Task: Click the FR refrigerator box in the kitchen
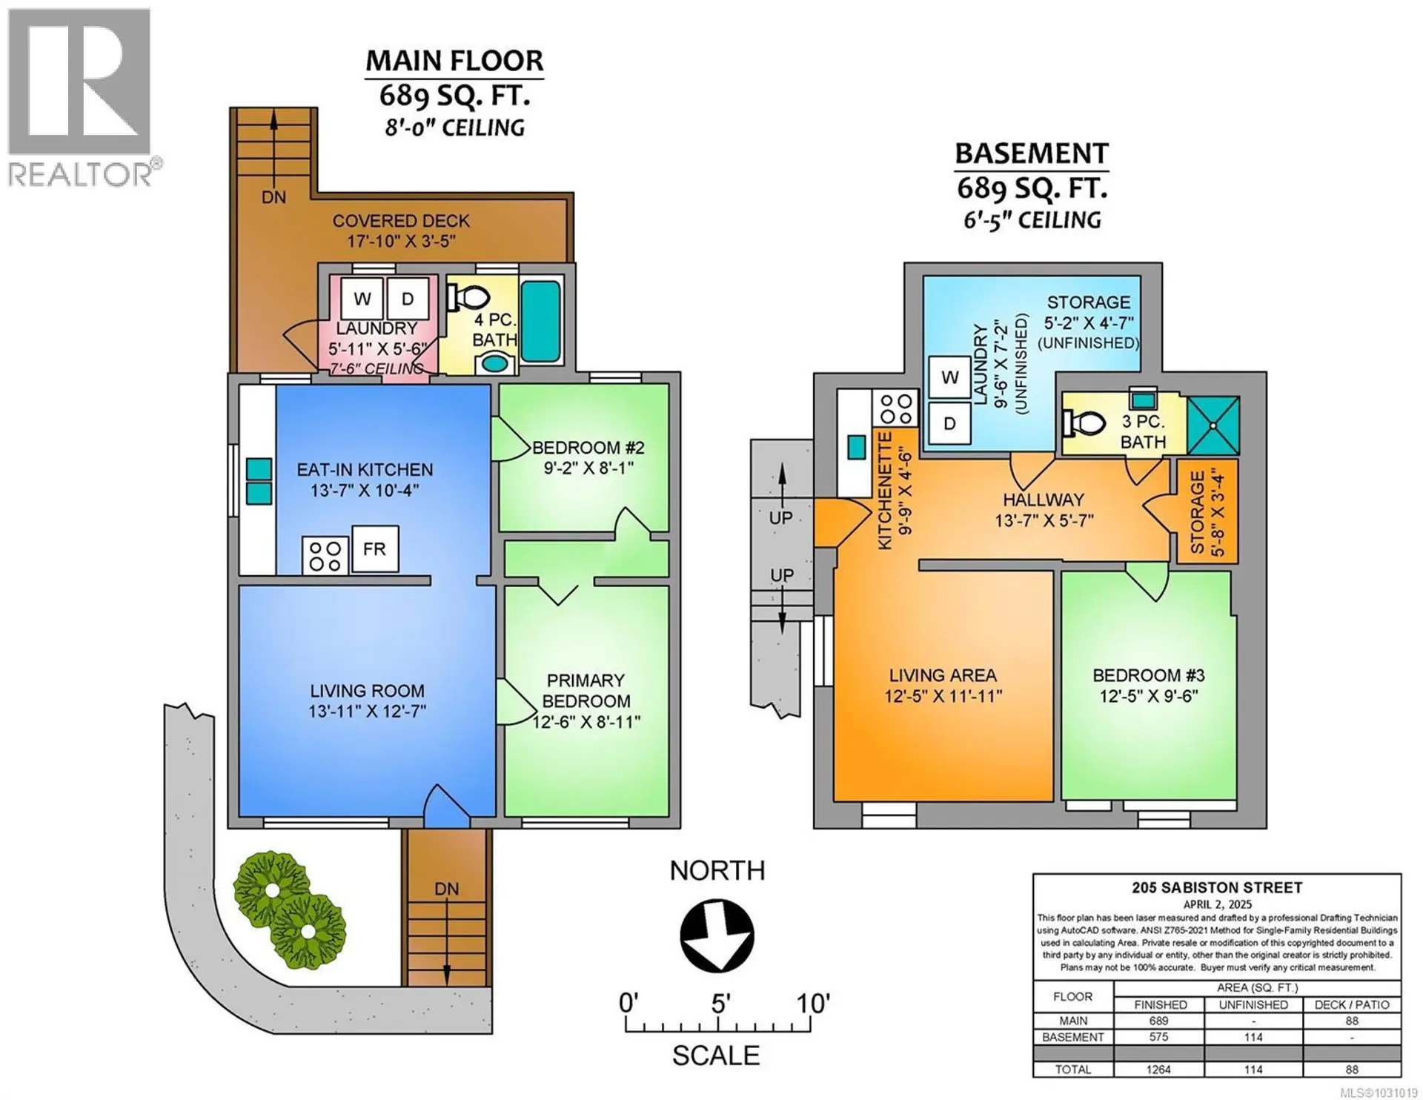374,549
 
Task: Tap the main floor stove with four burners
325,556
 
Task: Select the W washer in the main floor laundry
362,299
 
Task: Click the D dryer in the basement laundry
949,423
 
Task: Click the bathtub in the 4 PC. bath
540,321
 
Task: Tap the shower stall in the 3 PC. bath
1213,425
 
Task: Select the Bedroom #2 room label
588,448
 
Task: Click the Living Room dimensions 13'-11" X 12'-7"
367,712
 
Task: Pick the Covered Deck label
400,221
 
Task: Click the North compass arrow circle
717,935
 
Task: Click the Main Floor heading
454,61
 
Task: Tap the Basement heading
1031,153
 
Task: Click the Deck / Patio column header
1352,1005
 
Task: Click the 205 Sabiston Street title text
1216,887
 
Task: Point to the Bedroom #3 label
1148,675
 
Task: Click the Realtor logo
80,96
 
